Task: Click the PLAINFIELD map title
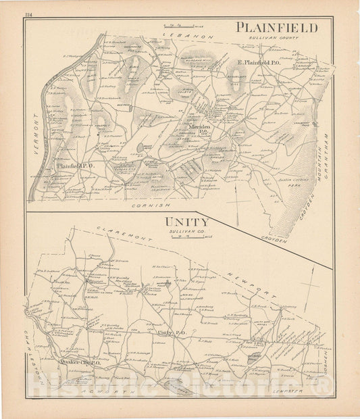coord(277,28)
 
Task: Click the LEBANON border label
coord(192,34)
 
